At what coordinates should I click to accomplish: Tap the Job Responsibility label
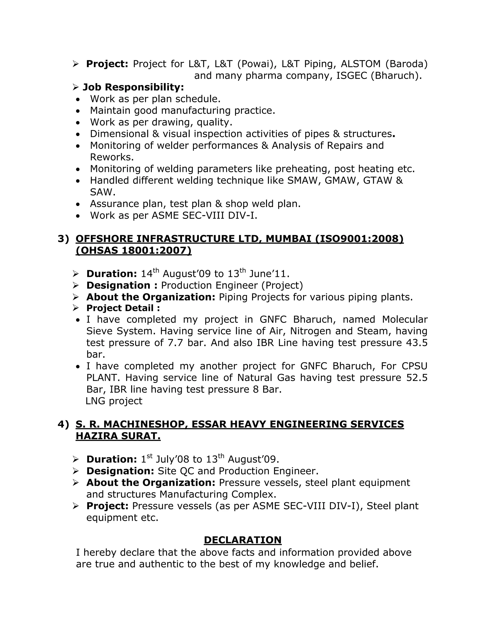[x=133, y=87]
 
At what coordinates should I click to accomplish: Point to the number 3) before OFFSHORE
[x=63, y=239]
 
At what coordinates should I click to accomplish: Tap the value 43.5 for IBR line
[x=417, y=343]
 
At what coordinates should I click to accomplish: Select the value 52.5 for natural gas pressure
[x=417, y=378]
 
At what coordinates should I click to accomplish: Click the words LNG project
[x=114, y=401]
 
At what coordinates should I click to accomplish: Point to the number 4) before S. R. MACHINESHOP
[x=63, y=424]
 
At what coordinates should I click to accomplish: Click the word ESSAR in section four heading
[x=208, y=424]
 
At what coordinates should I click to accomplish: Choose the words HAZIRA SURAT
[x=118, y=436]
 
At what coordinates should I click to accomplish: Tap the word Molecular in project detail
[x=405, y=319]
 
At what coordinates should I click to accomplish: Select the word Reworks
[x=112, y=157]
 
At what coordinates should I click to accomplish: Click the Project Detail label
[x=123, y=308]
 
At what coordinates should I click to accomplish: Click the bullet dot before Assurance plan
[x=78, y=204]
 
